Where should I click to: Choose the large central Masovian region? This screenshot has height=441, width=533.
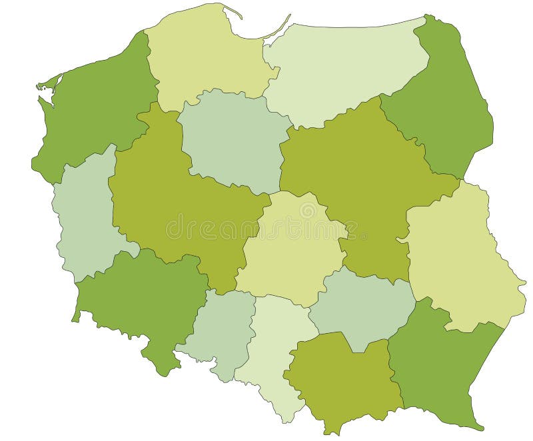tap(360, 180)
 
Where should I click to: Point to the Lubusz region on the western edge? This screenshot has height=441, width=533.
tap(83, 213)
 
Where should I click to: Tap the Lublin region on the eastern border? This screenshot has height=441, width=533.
tap(460, 260)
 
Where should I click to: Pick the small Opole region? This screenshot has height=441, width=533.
tap(220, 330)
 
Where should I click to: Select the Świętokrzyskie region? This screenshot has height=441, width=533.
tap(360, 306)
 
